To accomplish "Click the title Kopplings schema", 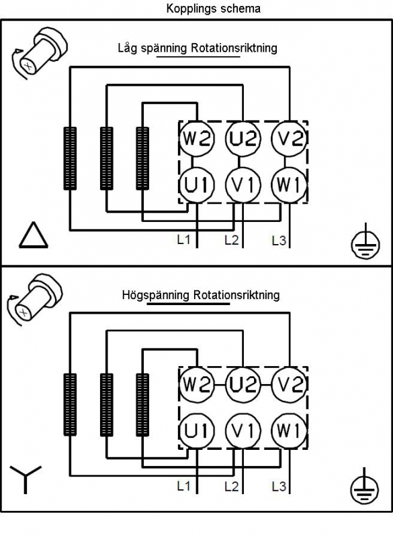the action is click(213, 9).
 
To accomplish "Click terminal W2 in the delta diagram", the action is click(197, 139).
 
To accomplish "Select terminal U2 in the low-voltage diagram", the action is click(243, 139).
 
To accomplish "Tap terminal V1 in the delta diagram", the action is click(243, 185).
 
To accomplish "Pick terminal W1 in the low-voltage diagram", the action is click(290, 185).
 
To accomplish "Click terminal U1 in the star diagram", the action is click(197, 430).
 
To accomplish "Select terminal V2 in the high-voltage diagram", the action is click(290, 384).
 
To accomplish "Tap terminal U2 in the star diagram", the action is click(243, 384).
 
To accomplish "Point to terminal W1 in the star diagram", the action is click(290, 430).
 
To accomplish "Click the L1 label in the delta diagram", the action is click(183, 239).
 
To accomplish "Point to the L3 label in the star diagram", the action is click(279, 487).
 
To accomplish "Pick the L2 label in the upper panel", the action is click(232, 240).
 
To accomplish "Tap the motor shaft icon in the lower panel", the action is click(35, 298).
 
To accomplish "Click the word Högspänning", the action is click(156, 295).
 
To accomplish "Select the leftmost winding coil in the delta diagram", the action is click(70, 158).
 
